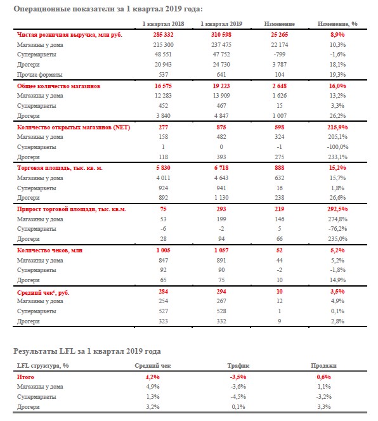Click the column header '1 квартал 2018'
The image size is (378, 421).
[x=163, y=24]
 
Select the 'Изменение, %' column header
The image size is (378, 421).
[x=337, y=24]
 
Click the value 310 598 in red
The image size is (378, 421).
[x=221, y=35]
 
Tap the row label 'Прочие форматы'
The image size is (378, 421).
[x=40, y=75]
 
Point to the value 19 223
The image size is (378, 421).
[x=221, y=86]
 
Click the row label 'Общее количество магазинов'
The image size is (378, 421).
[x=58, y=86]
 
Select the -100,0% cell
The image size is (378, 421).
[x=337, y=147]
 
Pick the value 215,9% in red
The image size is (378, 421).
[x=337, y=127]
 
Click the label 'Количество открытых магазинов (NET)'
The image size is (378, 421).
[x=74, y=127]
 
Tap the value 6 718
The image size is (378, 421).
[x=221, y=168]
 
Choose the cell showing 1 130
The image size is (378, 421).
[x=221, y=198]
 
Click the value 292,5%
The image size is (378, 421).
[x=337, y=209]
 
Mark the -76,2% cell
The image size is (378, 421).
[x=337, y=229]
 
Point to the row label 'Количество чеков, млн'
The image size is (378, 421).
[x=49, y=250]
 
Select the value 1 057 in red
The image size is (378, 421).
[x=221, y=250]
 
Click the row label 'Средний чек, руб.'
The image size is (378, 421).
[x=43, y=292]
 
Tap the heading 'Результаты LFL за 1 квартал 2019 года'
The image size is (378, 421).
[x=87, y=351]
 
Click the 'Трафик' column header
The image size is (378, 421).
[x=238, y=366]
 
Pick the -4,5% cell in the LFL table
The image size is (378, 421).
[x=238, y=397]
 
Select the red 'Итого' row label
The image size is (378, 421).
[x=25, y=377]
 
